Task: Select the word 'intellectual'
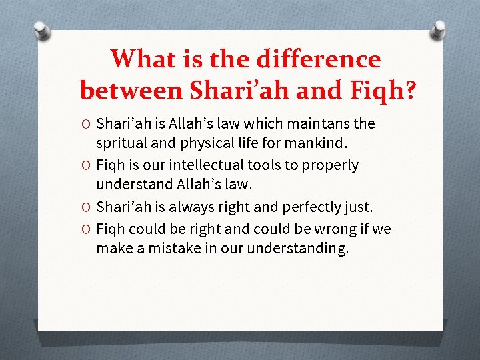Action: tap(205, 165)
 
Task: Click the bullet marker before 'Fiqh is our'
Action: tap(88, 165)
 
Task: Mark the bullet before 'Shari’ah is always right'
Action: tap(88, 207)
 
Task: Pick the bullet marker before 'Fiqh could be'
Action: tap(88, 230)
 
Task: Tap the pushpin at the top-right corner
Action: tap(440, 30)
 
